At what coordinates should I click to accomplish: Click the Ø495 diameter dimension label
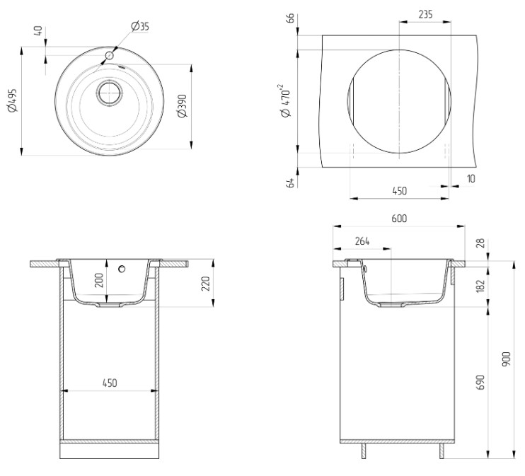click(13, 100)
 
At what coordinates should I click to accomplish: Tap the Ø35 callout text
click(140, 26)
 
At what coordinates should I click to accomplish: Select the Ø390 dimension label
click(183, 106)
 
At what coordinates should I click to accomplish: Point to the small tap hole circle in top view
click(109, 56)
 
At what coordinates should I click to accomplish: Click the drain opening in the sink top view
click(110, 93)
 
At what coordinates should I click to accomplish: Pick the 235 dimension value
click(425, 14)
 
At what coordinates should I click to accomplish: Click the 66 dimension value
click(290, 18)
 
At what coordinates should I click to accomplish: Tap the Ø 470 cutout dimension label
click(286, 100)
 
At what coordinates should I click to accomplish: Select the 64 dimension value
click(291, 182)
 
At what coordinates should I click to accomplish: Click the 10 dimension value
click(471, 179)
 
